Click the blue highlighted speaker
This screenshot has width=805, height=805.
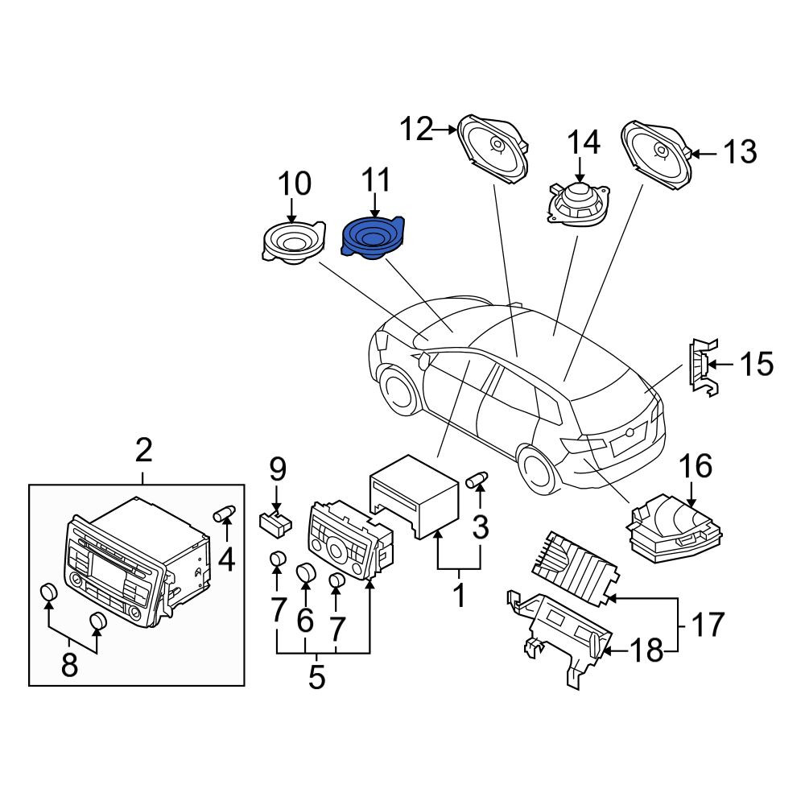click(x=373, y=239)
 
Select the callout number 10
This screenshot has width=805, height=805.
click(x=295, y=184)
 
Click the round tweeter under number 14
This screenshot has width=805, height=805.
click(x=579, y=204)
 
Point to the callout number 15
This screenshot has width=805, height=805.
click(x=756, y=364)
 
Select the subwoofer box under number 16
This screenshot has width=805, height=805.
click(x=674, y=529)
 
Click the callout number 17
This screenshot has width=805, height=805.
click(x=708, y=624)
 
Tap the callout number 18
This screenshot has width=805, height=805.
click(x=646, y=651)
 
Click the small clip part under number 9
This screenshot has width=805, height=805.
click(x=275, y=524)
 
